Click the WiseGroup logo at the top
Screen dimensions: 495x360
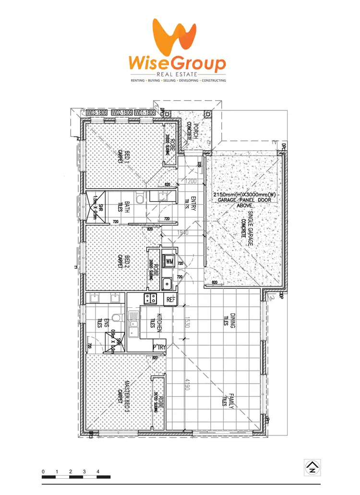pos(177,50)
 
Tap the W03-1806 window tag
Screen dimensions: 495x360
pos(96,112)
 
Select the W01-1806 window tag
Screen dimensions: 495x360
pos(144,112)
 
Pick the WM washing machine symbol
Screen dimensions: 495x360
pos(169,262)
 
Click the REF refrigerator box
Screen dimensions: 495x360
pos(170,300)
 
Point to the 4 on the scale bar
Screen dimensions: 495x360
pos(98,472)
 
